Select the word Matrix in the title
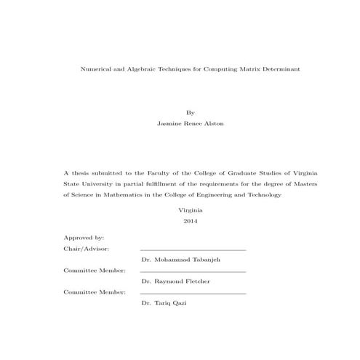231,68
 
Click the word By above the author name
191,113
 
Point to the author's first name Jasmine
169,124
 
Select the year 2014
191,220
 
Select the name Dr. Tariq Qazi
164,303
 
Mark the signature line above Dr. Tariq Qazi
193,293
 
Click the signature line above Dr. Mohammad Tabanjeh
193,250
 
